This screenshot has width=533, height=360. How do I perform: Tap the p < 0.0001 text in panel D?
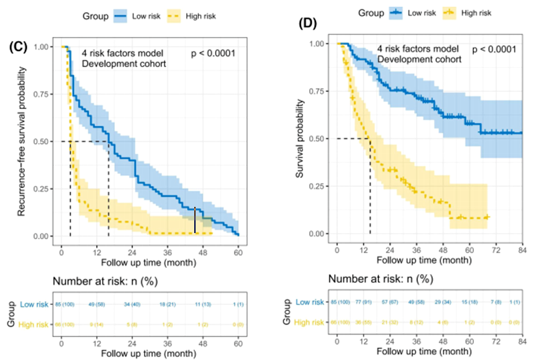494,49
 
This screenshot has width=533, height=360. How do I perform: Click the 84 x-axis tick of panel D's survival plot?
522,249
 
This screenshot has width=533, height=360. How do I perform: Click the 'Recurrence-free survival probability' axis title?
22,140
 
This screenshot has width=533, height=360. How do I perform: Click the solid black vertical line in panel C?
195,220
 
